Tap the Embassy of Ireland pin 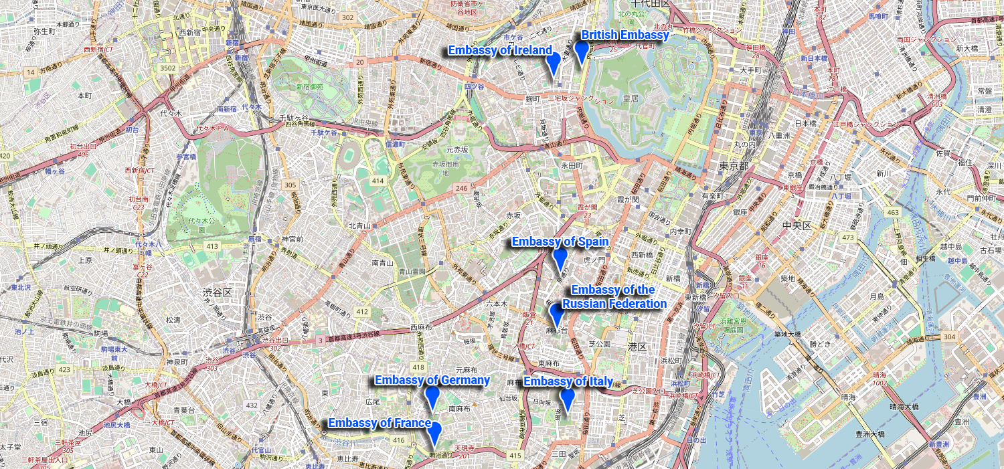tap(553, 62)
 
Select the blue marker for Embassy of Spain tap(560, 258)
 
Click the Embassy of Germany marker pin tap(432, 397)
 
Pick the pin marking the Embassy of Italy tap(568, 399)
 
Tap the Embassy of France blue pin tap(435, 433)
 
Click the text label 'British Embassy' tap(624, 35)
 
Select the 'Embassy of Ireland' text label tap(500, 50)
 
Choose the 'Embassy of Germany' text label tap(432, 380)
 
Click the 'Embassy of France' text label tap(380, 423)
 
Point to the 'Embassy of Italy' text tap(568, 381)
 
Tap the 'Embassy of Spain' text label tap(560, 242)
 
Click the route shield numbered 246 tap(463, 189)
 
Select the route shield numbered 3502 tap(167, 68)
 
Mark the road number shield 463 tap(892, 213)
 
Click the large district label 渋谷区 tap(217, 292)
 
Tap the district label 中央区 tap(797, 225)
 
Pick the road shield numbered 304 tap(948, 337)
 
